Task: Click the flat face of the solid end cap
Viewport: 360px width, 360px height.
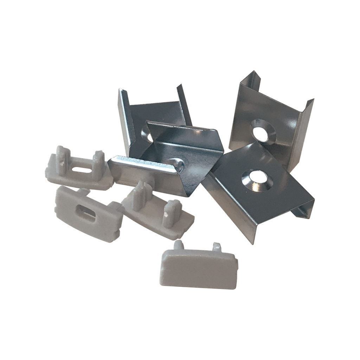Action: (197, 271)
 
